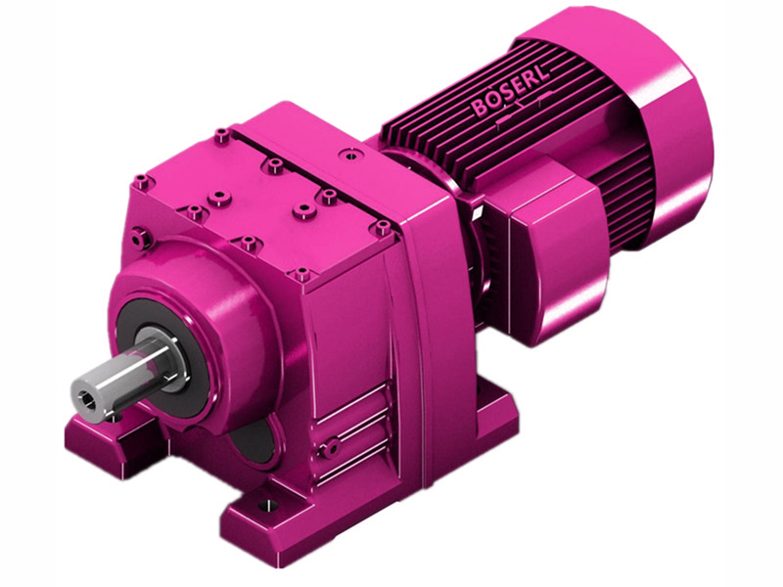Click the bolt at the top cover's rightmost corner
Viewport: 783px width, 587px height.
coord(381,227)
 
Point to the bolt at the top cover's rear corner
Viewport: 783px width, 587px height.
coord(223,133)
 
